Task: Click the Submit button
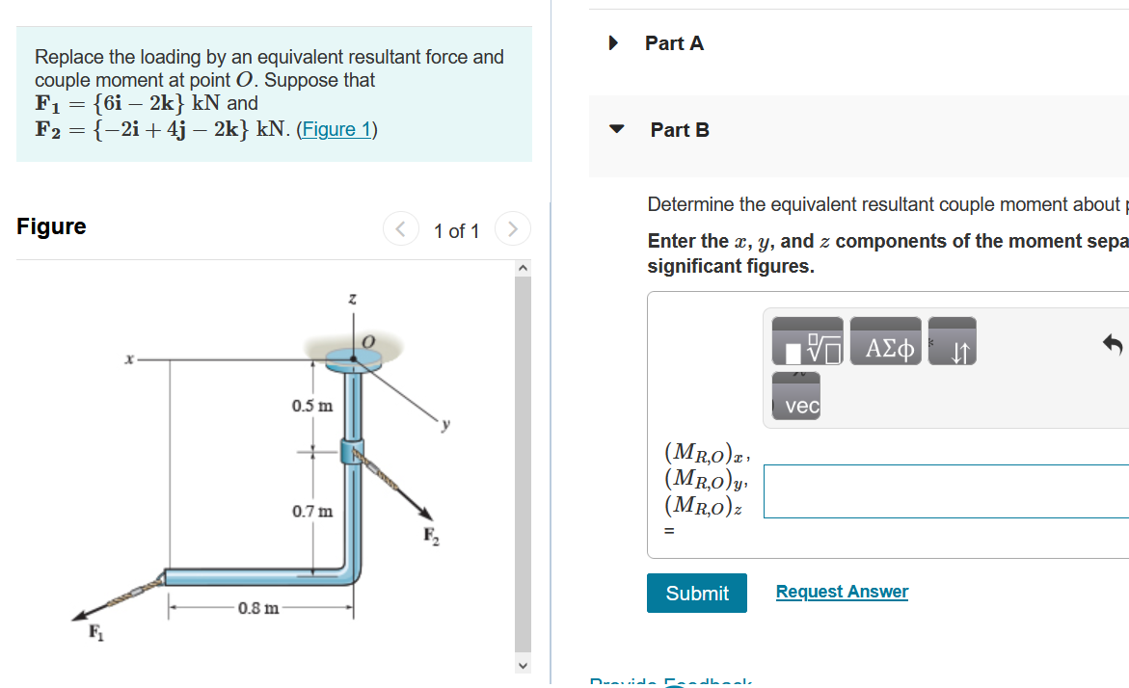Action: [x=697, y=593]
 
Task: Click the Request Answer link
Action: [x=842, y=592]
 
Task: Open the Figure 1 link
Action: [x=336, y=129]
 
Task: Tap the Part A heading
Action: [x=674, y=43]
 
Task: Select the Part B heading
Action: [x=680, y=130]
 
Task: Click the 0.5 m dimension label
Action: [x=311, y=406]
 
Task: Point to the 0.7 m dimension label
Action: [x=311, y=511]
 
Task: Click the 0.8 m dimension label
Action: [x=258, y=608]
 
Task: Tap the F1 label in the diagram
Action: [x=94, y=633]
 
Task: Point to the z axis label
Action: [x=353, y=302]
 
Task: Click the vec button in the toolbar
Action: [x=801, y=407]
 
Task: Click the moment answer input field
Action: [x=946, y=491]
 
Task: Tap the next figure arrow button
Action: [x=513, y=229]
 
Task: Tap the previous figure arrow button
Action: [x=400, y=229]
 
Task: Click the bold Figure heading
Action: [x=51, y=226]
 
